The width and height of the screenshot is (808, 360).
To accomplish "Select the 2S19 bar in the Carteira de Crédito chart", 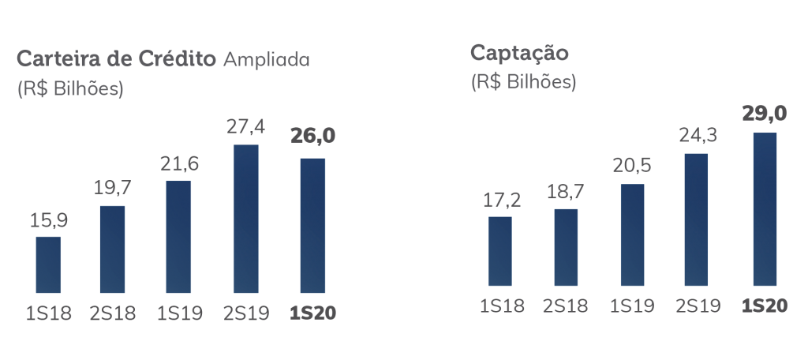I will [x=246, y=215].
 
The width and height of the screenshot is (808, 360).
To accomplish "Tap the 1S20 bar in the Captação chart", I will [x=765, y=208].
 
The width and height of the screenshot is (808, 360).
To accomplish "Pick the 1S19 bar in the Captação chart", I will [x=632, y=234].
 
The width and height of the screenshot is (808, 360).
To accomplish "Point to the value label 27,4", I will [x=247, y=126].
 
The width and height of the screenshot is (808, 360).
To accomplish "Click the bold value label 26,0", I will [x=313, y=137].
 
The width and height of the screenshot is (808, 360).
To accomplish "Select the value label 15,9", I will [x=49, y=219].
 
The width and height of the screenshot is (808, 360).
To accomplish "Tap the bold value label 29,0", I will [x=765, y=114].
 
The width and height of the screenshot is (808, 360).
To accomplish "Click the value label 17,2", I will [x=500, y=200].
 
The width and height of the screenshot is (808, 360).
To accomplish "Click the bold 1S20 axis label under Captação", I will [x=765, y=306].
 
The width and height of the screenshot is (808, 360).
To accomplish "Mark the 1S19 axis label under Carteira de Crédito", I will [x=180, y=313].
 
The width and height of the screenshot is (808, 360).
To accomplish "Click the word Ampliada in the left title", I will [x=267, y=60].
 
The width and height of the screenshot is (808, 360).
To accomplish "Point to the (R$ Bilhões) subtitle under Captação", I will [x=523, y=81].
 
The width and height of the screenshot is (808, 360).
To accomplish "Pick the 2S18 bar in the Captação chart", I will [x=566, y=247].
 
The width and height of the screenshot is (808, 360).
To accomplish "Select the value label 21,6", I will [x=180, y=164].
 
